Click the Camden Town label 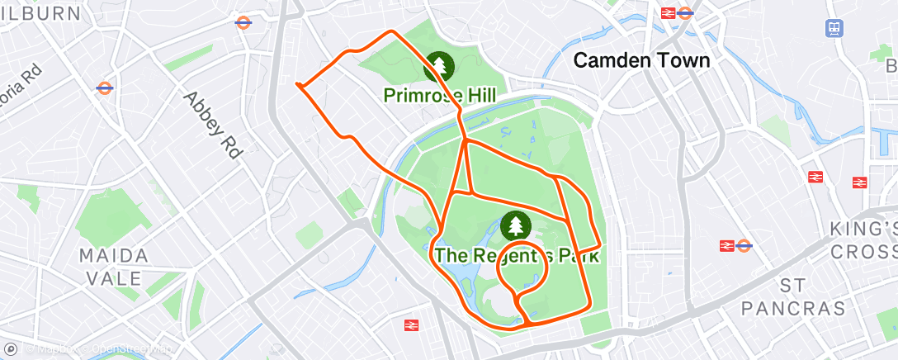[x=641, y=60]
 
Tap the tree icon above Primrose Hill [x=439, y=66]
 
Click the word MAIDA [x=114, y=256]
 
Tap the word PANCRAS [x=793, y=308]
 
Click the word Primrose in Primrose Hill [x=422, y=97]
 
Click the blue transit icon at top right [x=834, y=28]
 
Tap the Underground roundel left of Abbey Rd [x=105, y=88]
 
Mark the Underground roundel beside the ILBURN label [x=243, y=22]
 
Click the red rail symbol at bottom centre [x=411, y=325]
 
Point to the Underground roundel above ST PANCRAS [x=744, y=245]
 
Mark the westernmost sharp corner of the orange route [x=297, y=83]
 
